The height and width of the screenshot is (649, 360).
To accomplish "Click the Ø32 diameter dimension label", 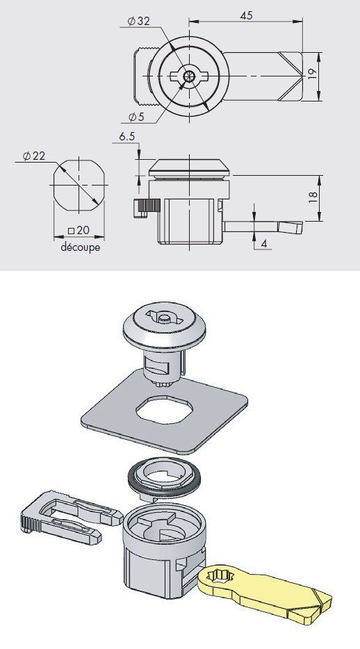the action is click(138, 22).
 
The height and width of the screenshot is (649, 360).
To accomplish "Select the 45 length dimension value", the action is click(246, 16).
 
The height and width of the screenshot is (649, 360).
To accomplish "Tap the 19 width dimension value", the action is click(313, 73).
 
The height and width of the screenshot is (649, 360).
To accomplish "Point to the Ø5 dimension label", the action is click(136, 117).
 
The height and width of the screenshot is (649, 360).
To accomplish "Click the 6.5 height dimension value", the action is click(127, 137).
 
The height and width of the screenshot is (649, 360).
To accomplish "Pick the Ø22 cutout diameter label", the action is click(34, 156).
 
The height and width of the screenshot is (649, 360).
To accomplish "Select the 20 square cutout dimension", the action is click(79, 230).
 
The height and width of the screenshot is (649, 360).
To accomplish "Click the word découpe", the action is click(81, 247).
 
